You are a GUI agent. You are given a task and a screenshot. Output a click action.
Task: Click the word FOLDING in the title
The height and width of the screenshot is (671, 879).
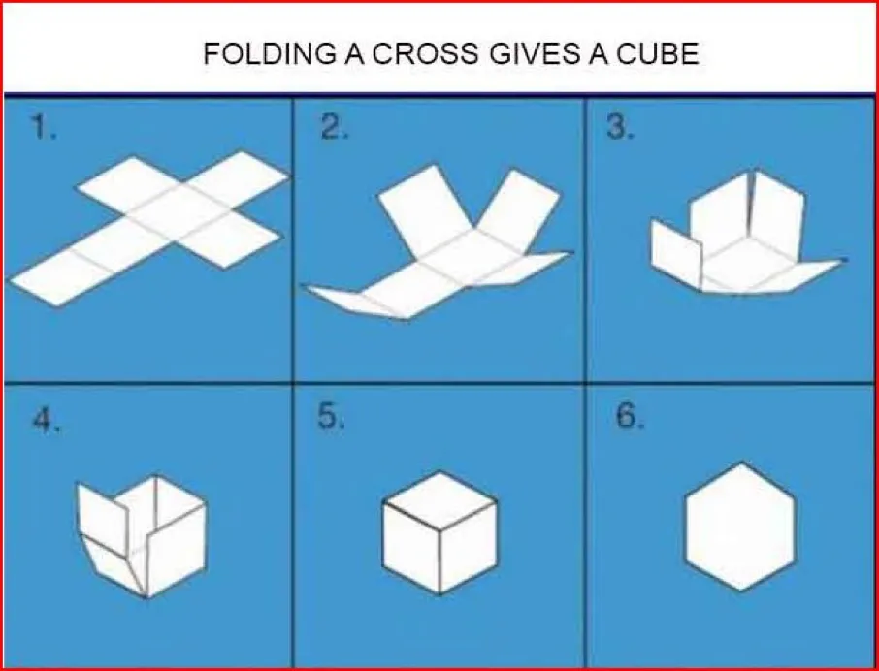269,53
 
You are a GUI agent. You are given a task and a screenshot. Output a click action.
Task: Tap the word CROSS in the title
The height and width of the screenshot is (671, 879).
426,53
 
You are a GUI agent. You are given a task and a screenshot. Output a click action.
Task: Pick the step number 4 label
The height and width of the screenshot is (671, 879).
46,420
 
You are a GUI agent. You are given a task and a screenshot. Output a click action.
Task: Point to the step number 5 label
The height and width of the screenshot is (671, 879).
331,416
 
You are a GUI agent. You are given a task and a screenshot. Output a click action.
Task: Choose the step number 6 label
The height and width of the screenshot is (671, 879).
630,416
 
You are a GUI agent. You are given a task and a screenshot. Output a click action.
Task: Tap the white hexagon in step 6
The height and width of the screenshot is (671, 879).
740,527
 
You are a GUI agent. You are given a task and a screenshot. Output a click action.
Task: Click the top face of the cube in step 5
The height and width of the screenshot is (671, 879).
439,499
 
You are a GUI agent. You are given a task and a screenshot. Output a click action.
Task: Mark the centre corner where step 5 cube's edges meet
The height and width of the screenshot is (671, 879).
440,528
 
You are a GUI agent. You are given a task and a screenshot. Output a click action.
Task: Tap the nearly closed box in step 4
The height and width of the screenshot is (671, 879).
142,535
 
